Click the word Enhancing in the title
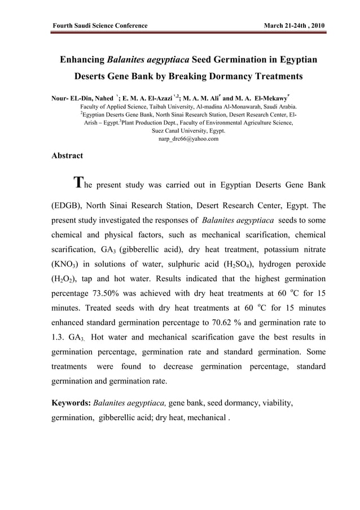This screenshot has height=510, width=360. [82, 59]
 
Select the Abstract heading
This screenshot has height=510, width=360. [67, 155]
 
